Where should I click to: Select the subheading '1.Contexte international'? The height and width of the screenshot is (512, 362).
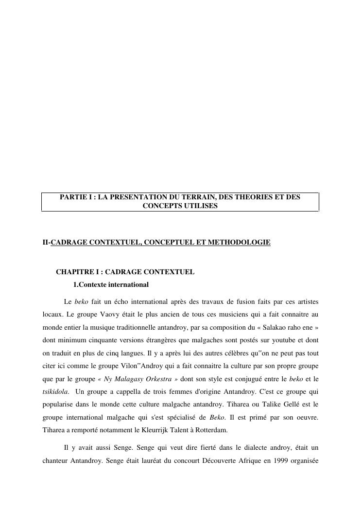click(x=110, y=284)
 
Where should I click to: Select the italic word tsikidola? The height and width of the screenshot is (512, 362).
click(x=55, y=391)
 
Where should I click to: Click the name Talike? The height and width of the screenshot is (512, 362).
click(x=272, y=404)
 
